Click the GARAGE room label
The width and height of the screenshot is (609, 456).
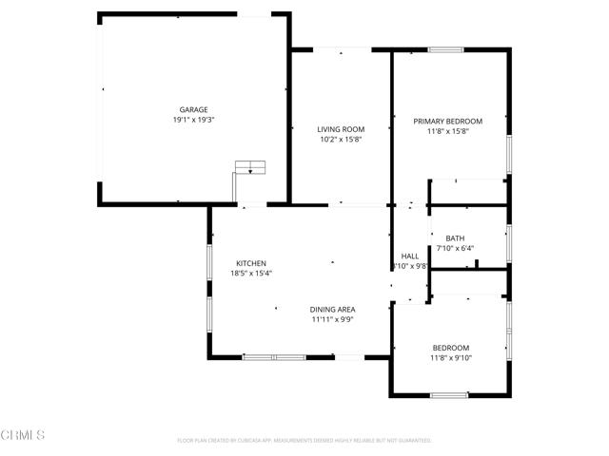click(193, 110)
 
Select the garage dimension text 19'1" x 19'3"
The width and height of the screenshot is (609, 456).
click(193, 121)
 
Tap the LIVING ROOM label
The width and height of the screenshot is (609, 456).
click(341, 129)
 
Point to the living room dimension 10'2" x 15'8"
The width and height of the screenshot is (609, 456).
click(341, 140)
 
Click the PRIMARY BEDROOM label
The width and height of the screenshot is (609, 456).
click(447, 121)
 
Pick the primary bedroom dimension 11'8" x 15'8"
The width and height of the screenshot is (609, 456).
click(447, 131)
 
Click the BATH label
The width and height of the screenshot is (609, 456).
click(455, 237)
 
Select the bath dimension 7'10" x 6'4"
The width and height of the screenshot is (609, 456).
click(455, 248)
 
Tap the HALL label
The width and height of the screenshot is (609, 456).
click(410, 256)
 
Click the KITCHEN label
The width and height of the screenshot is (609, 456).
click(251, 263)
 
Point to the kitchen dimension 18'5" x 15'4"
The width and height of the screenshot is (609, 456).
click(251, 274)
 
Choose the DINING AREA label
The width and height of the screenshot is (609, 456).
click(332, 310)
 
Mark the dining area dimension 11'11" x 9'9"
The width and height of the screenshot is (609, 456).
click(332, 320)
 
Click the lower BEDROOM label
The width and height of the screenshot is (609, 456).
click(450, 348)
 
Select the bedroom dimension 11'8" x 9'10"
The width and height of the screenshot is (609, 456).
click(450, 358)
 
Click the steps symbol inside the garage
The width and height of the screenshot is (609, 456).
click(251, 167)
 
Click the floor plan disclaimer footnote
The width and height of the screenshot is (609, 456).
click(304, 440)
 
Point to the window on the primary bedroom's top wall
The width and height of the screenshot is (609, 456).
click(445, 49)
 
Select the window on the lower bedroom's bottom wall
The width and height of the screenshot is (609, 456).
click(448, 394)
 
